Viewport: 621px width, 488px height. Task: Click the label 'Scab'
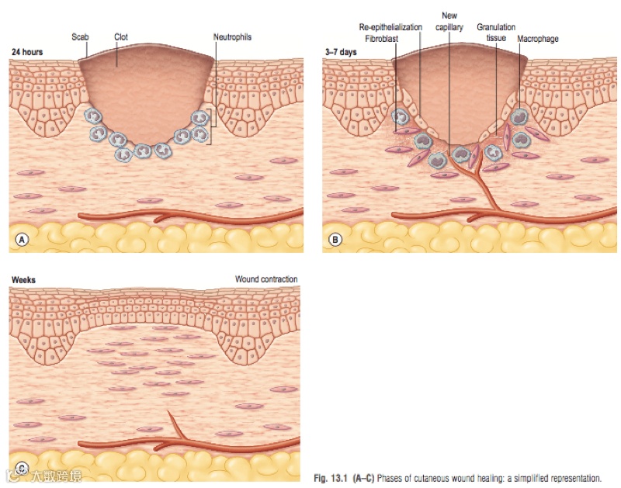(81, 36)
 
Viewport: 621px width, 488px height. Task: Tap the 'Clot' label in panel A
(121, 36)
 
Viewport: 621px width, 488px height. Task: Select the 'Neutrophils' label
(232, 36)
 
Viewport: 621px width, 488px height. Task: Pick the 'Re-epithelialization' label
(391, 26)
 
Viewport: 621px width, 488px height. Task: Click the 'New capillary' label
(449, 21)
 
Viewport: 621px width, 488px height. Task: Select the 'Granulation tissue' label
(496, 32)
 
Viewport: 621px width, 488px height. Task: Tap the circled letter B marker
(335, 240)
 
